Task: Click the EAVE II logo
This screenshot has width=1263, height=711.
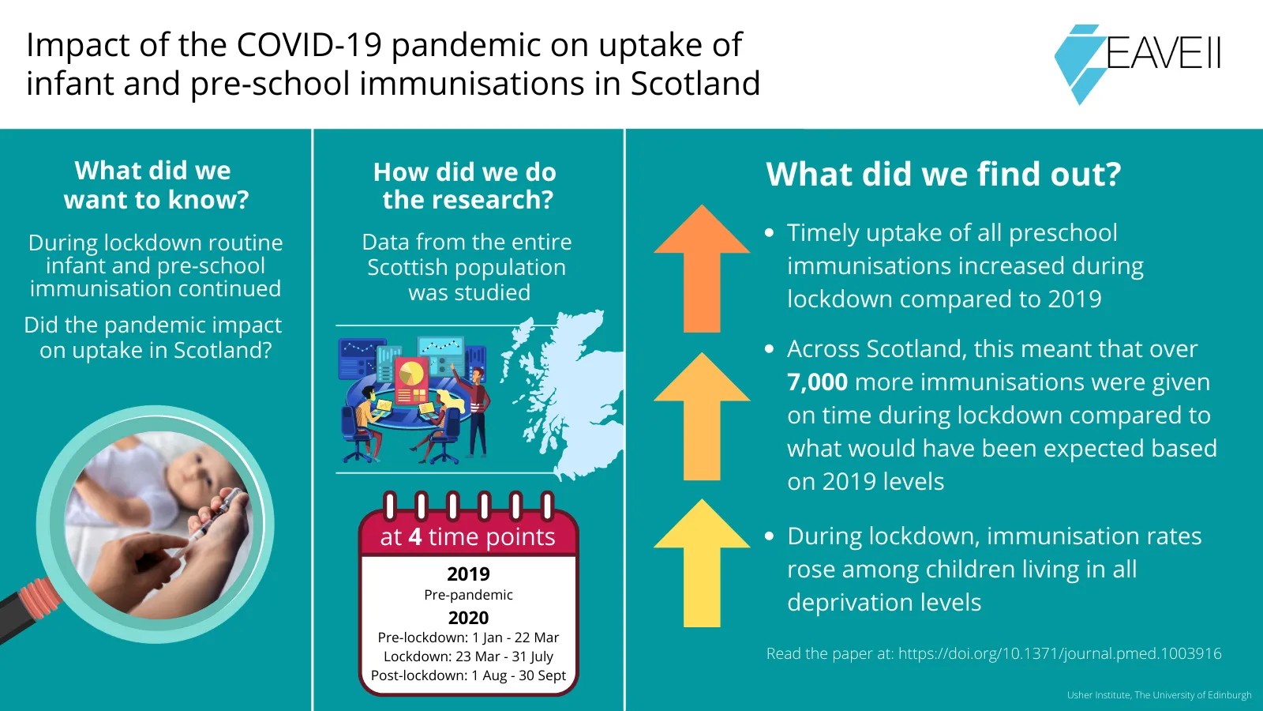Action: pyautogui.click(x=1137, y=59)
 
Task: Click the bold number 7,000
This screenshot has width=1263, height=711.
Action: pyautogui.click(x=817, y=382)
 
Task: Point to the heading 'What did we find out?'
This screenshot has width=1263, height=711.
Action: pyautogui.click(x=943, y=175)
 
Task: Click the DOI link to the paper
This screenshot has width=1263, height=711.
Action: pyautogui.click(x=1059, y=653)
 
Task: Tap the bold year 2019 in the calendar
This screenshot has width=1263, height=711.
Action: pyautogui.click(x=468, y=574)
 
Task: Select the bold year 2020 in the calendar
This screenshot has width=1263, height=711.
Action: pyautogui.click(x=468, y=618)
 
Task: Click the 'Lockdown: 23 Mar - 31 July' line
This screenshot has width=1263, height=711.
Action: pyautogui.click(x=468, y=656)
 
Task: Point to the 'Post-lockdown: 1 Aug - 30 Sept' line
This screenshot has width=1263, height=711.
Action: pyautogui.click(x=468, y=675)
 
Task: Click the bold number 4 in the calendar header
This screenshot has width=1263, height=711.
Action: pyautogui.click(x=415, y=537)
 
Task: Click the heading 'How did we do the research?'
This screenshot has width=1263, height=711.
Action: pyautogui.click(x=466, y=186)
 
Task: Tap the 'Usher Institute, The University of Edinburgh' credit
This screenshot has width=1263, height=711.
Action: pyautogui.click(x=1159, y=695)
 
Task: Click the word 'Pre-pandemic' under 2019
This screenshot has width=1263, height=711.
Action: pyautogui.click(x=468, y=595)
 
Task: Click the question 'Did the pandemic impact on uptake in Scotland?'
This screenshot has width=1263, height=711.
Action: pyautogui.click(x=155, y=337)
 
